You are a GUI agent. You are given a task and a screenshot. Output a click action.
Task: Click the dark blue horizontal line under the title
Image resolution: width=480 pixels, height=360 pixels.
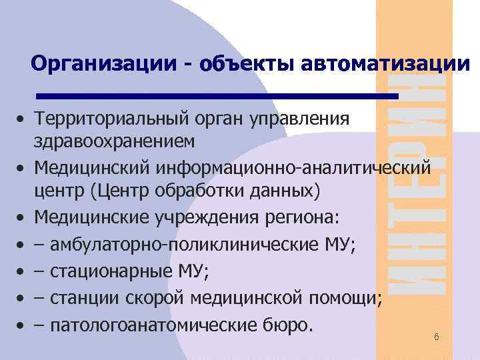click(217, 96)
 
